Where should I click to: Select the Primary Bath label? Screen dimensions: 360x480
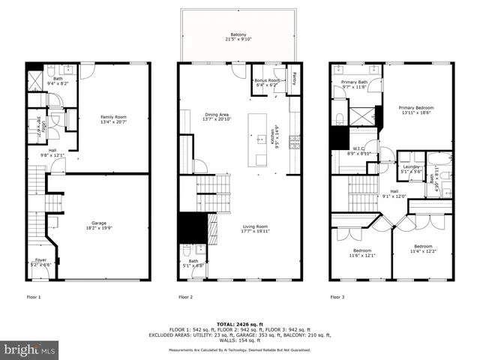coord(354,84)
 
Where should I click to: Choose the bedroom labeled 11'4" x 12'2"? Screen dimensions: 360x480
coord(423,248)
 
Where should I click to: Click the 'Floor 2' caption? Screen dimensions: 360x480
coord(186,297)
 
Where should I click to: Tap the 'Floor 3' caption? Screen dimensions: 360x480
coord(337,297)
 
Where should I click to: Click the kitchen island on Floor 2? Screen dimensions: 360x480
coord(260,139)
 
